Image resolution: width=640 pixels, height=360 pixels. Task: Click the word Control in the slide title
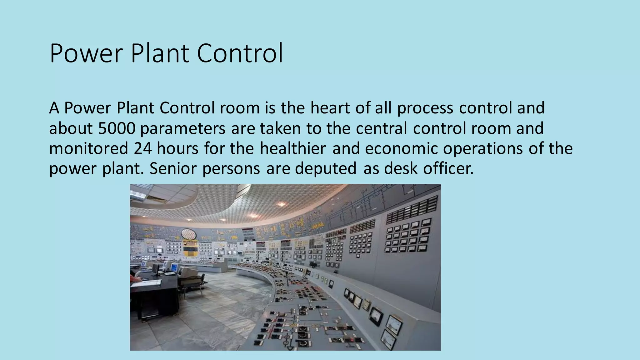point(240,53)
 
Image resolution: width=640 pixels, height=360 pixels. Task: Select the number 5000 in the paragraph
point(117,128)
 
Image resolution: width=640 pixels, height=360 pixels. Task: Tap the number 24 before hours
point(143,148)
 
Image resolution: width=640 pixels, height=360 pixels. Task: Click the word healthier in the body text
point(293,148)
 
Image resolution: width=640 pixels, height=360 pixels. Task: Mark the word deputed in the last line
point(326,169)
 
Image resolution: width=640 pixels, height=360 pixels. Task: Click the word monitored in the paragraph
point(89,148)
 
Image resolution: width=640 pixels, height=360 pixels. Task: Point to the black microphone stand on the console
point(287,278)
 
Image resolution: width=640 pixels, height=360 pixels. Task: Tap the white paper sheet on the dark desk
point(147,283)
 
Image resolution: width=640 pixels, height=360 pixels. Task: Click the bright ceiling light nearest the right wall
point(282,204)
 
